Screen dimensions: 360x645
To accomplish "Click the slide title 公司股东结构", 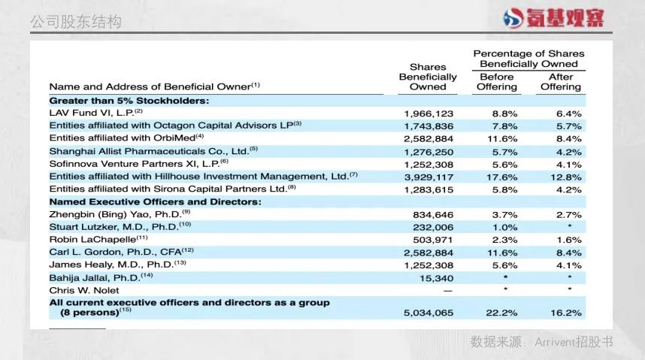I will click(75, 22).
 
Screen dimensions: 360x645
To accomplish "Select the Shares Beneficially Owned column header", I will click(428, 77).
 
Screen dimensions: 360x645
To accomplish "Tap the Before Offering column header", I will click(497, 82).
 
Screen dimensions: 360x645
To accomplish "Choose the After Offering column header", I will click(561, 82).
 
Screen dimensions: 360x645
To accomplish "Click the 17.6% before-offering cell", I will click(504, 177).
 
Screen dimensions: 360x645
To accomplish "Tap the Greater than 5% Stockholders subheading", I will click(129, 99).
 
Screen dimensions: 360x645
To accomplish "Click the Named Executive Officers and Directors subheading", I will click(155, 201).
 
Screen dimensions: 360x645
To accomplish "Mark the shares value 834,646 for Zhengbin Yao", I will click(433, 214).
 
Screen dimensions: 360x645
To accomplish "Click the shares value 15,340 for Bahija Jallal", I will click(437, 277).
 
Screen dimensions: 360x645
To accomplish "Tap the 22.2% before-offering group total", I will click(504, 311).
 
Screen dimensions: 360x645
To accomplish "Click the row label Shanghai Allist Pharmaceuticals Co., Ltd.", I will click(153, 150).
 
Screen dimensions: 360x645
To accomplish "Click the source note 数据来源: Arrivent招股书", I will click(542, 342).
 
